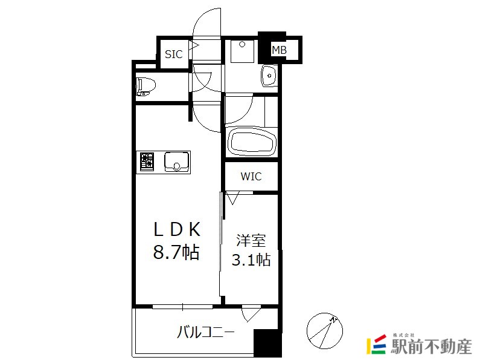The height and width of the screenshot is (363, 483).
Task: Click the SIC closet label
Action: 174,54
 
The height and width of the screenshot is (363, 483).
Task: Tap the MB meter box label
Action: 279,50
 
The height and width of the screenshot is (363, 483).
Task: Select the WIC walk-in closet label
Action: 251,176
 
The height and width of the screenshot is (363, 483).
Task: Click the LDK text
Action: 177,229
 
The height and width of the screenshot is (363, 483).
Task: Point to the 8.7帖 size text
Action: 176,252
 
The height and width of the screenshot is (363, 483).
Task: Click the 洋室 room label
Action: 251,240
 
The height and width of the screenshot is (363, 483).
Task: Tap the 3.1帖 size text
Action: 251,260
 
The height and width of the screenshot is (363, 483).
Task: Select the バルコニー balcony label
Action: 206,332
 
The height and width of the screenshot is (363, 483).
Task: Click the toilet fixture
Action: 146,86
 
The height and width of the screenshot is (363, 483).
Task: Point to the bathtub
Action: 252,143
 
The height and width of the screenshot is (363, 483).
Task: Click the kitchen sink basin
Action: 176,162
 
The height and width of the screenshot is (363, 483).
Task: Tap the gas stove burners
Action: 147,162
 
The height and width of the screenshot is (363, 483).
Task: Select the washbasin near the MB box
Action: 269,76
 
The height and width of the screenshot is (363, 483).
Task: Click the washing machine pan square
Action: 243,51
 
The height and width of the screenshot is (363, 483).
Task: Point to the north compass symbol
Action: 325,331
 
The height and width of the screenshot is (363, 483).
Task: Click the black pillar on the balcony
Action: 267,343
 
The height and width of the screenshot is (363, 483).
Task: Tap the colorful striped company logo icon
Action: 376,344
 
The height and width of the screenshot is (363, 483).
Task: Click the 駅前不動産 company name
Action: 431,346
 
